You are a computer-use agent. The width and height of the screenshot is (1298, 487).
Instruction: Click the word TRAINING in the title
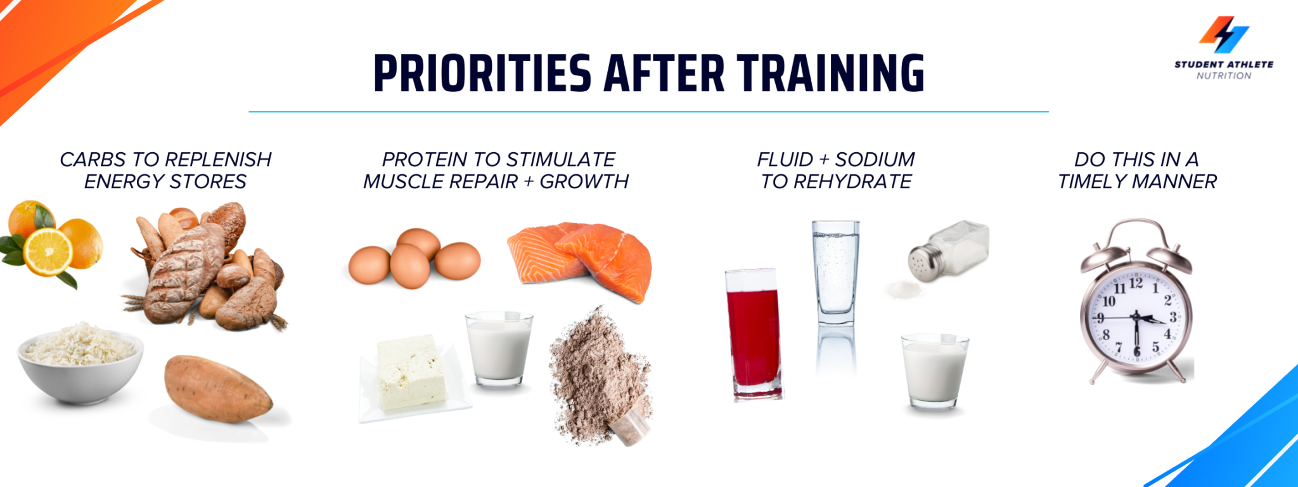[830, 73]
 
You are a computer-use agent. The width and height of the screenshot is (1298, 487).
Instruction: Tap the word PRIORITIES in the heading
[482, 73]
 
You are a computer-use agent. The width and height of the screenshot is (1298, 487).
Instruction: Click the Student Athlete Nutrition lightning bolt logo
[1224, 34]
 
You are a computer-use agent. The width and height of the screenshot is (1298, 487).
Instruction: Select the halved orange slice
[48, 252]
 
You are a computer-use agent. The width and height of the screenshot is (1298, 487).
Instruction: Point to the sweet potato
[218, 389]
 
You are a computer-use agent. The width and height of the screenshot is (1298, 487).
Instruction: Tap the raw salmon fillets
[579, 259]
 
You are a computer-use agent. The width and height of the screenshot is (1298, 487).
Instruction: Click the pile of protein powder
[600, 374]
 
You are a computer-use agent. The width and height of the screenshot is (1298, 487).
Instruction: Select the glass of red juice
[754, 334]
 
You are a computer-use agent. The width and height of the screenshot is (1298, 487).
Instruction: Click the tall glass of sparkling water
[836, 273]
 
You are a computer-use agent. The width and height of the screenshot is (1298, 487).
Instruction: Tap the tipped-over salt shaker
[948, 250]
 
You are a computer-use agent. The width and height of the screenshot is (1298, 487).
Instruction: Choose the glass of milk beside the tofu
[499, 348]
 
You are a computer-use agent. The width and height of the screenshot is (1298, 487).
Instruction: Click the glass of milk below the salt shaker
[935, 371]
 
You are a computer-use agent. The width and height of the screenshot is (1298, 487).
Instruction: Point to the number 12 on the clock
[1136, 283]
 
